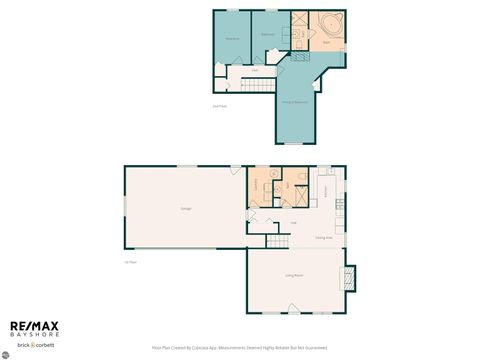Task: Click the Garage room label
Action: [x=185, y=208]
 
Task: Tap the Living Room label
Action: [x=294, y=274]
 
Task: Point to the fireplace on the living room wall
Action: [x=349, y=277]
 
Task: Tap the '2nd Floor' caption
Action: [x=219, y=106]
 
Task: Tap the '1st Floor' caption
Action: [x=130, y=262]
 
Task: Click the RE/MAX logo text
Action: [x=35, y=326]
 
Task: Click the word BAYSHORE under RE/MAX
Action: [x=35, y=335]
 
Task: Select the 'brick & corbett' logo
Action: [x=35, y=345]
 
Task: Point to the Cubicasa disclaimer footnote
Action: [x=239, y=348]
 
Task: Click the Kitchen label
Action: [x=325, y=189]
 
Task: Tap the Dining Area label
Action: [x=324, y=237]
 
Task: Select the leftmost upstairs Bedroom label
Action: [x=232, y=38]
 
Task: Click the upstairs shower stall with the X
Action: [x=299, y=20]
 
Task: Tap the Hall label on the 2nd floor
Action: [x=255, y=70]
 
